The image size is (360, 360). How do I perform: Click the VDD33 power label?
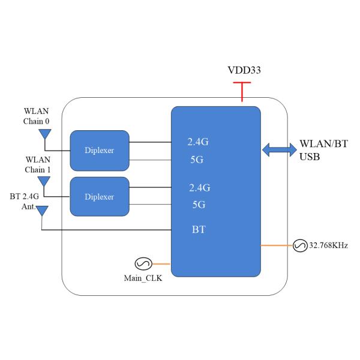(x=242, y=71)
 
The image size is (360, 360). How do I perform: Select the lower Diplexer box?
(x=99, y=197)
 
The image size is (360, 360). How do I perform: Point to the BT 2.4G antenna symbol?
(x=42, y=211)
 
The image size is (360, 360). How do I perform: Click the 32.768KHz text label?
(x=329, y=245)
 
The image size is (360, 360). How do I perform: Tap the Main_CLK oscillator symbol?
(x=144, y=263)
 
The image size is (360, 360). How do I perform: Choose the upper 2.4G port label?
(x=198, y=143)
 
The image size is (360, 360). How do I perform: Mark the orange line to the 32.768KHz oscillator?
(x=277, y=245)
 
